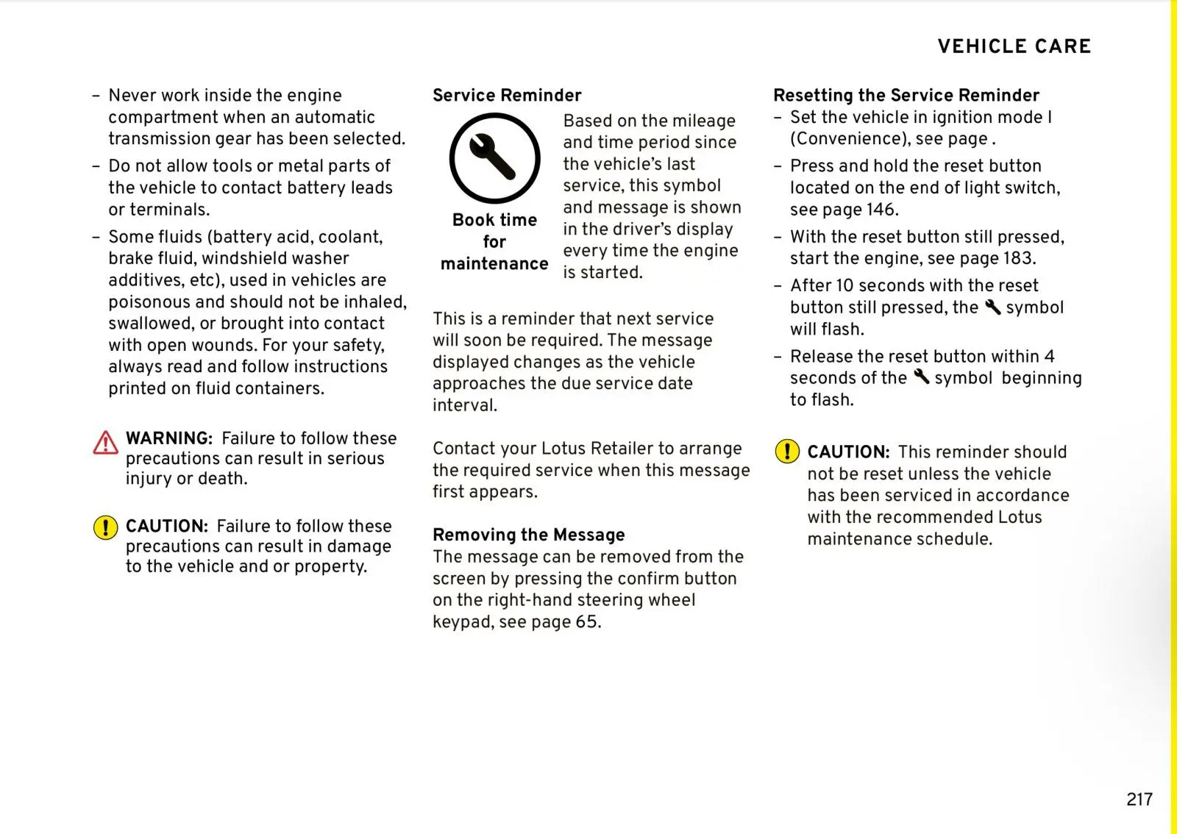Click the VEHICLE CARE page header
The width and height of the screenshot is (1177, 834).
tap(1014, 46)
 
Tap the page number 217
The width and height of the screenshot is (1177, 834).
tap(1139, 799)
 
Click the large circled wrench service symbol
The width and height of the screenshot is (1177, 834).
tap(494, 158)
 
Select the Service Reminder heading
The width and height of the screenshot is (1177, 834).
tap(507, 96)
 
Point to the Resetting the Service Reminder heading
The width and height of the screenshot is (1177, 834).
tap(906, 96)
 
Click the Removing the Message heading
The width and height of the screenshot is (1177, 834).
tap(528, 535)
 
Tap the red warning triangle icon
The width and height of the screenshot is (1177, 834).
tap(105, 443)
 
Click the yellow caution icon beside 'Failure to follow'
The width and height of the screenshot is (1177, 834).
tap(105, 527)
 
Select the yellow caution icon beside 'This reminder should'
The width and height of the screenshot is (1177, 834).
tap(787, 451)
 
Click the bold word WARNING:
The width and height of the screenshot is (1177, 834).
tap(169, 438)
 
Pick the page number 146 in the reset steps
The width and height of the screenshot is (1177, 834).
tap(881, 210)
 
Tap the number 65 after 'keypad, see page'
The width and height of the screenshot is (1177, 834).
tap(587, 622)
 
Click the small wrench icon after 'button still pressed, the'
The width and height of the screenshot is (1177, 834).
tap(992, 307)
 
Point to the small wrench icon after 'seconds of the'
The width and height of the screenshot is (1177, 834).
tap(921, 377)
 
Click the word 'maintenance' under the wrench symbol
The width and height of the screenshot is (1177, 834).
tap(494, 264)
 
